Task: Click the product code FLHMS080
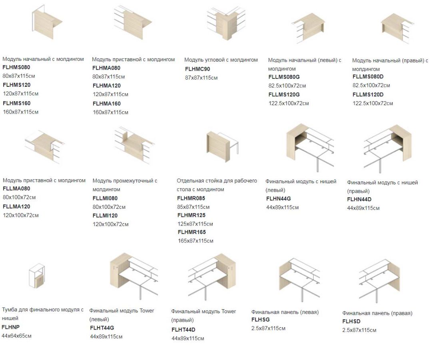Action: click(16, 67)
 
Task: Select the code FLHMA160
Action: click(107, 104)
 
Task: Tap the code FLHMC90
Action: click(198, 69)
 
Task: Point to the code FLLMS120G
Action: click(284, 94)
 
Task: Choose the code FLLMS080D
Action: click(368, 76)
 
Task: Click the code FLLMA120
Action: click(16, 206)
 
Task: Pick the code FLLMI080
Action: click(105, 198)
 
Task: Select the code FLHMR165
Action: click(192, 232)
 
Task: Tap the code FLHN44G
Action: click(279, 199)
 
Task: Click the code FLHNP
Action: click(11, 327)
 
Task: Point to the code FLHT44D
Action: click(184, 330)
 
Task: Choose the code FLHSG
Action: click(260, 319)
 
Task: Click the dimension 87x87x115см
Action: click(201, 78)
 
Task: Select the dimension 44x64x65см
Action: click(16, 336)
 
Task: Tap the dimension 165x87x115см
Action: click(196, 241)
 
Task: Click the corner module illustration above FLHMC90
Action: click(226, 23)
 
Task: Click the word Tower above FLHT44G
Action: click(147, 310)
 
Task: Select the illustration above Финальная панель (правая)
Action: click(380, 280)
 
